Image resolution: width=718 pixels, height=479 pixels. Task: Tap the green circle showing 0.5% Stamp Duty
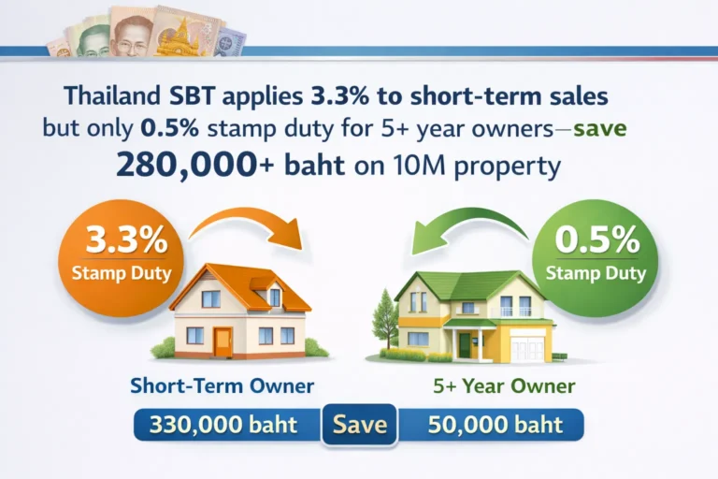[x=596, y=252]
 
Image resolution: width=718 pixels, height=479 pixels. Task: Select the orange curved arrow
[x=247, y=225]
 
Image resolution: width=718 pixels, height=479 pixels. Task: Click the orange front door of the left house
[x=223, y=341]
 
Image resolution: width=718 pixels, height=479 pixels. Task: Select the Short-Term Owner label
[x=222, y=385]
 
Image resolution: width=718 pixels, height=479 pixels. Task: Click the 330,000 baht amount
[x=227, y=425]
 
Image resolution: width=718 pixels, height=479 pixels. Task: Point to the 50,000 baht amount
[x=495, y=425]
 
